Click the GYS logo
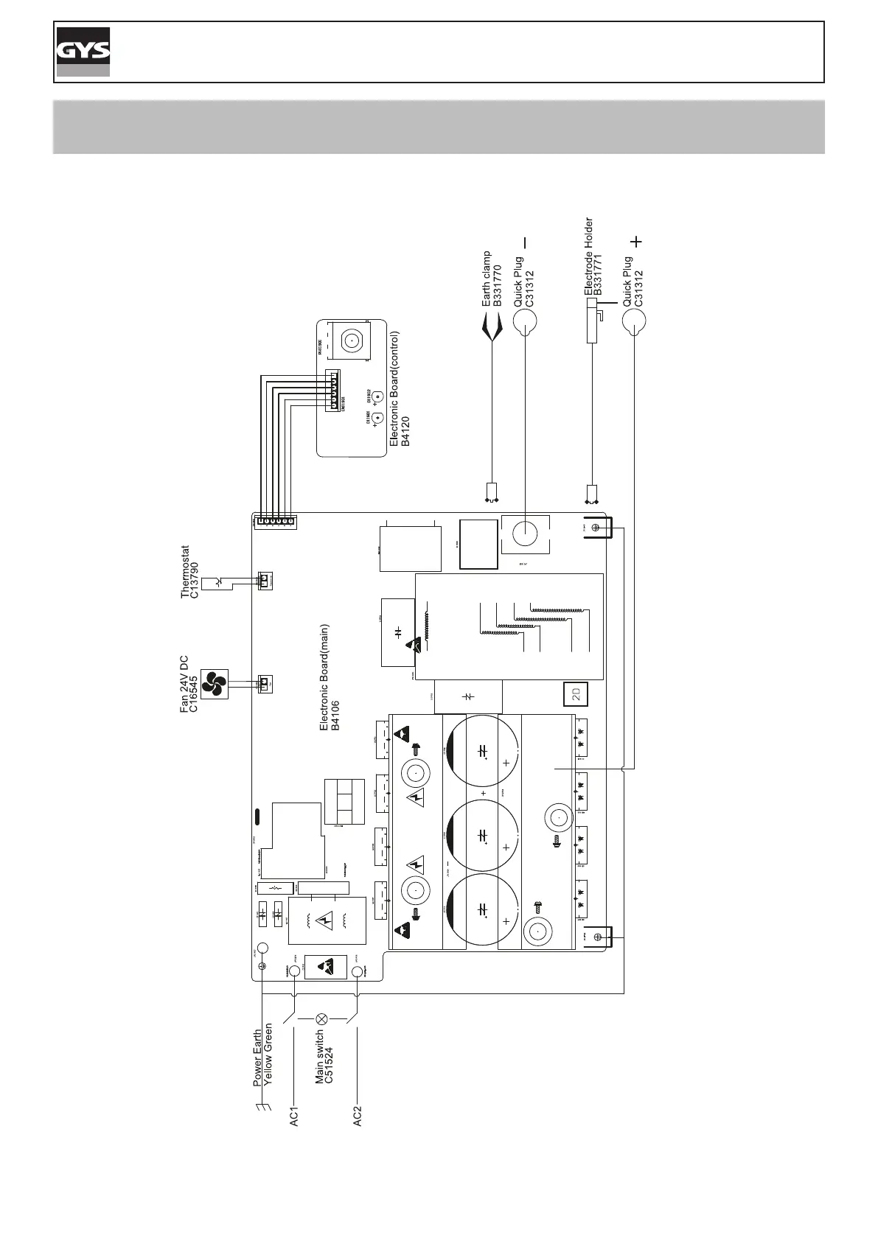click(83, 52)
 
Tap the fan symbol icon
click(215, 684)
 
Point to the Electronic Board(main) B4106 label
click(329, 677)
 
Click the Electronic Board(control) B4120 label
click(399, 388)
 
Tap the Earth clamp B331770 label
click(492, 279)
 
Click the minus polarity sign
click(526, 242)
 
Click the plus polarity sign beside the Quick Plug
click(637, 241)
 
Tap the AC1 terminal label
click(294, 1116)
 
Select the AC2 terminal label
click(358, 1116)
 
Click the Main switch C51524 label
click(324, 1057)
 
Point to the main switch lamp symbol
click(321, 1019)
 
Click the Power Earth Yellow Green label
click(263, 1054)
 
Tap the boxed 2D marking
click(576, 693)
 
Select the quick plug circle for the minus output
click(524, 322)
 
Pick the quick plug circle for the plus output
click(634, 322)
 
